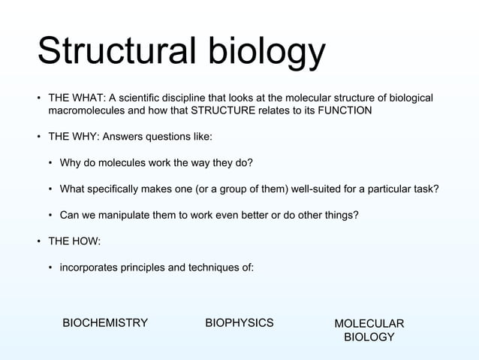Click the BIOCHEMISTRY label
click(x=105, y=323)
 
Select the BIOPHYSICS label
click(x=239, y=323)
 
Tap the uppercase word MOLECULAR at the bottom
click(x=369, y=324)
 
